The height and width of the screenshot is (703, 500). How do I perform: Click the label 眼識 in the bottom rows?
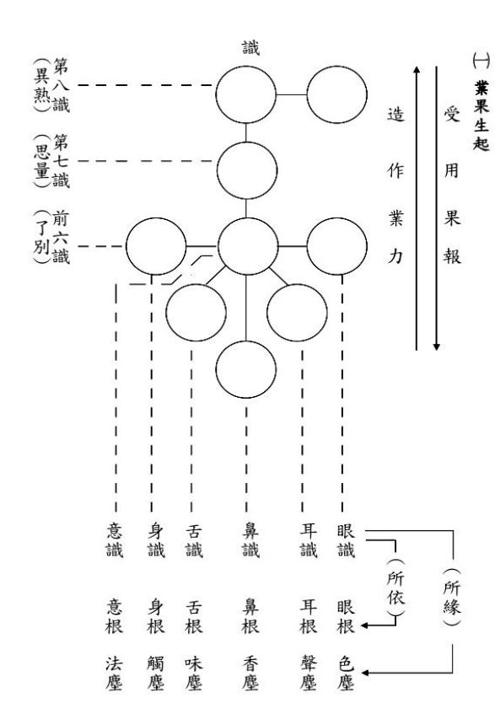point(347,540)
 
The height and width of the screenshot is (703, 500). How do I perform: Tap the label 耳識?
point(309,540)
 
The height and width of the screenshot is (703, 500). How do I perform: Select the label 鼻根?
point(250,616)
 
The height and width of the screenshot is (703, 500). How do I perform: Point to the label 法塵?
point(115,673)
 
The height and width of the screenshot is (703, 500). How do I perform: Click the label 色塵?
point(347,673)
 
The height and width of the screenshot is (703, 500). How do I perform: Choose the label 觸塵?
point(156,673)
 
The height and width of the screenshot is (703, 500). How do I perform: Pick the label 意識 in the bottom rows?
point(115,540)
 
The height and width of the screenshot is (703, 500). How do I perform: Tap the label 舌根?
point(194,616)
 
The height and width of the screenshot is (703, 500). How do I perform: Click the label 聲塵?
point(309,673)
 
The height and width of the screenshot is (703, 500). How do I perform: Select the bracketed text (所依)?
point(395,588)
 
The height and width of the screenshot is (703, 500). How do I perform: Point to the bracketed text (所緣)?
point(452,597)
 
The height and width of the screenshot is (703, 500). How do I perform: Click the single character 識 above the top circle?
point(250,47)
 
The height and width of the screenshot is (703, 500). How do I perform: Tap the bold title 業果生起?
point(481,115)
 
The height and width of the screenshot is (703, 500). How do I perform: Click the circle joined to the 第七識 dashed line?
point(247,142)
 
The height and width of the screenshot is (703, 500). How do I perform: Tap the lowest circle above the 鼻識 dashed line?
point(245,342)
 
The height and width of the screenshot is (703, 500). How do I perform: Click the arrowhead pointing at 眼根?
point(364,625)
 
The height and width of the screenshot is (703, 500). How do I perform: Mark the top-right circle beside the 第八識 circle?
point(336,67)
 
